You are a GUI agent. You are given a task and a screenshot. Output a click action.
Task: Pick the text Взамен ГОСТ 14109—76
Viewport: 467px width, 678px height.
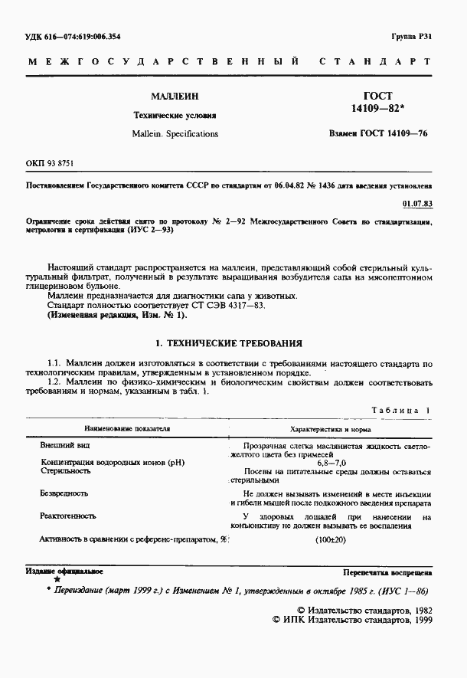[x=377, y=134]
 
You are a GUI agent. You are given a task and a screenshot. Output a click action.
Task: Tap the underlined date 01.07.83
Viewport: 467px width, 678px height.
[x=416, y=204]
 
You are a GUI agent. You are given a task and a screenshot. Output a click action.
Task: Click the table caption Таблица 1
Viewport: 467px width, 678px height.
[x=400, y=411]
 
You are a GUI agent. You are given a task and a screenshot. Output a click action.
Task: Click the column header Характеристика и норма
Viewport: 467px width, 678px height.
[x=331, y=430]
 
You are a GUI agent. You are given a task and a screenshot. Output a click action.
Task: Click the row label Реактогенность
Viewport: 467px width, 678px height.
[x=67, y=517]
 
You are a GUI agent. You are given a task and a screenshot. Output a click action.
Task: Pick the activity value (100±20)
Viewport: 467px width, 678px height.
[x=331, y=541]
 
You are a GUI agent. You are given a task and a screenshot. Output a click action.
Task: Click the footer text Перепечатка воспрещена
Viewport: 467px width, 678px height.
[x=387, y=572]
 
